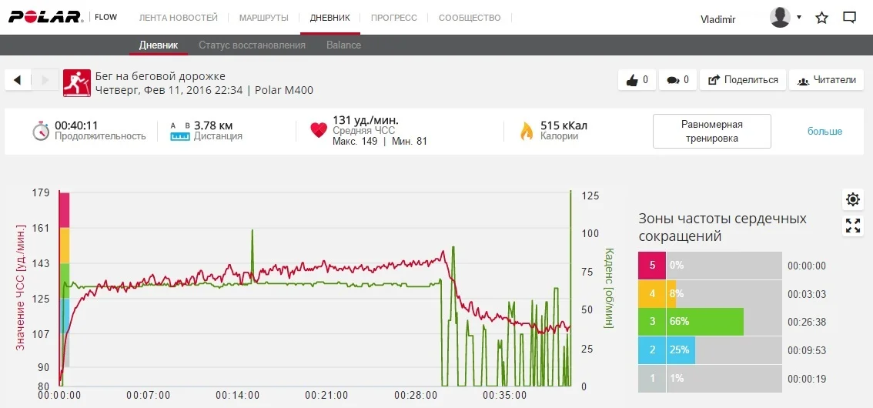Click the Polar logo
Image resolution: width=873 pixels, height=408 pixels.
(45, 17)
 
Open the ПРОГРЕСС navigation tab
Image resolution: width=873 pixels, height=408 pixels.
(393, 18)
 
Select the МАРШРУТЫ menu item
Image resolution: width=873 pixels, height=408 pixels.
(264, 18)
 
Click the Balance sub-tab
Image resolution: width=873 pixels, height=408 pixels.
(343, 45)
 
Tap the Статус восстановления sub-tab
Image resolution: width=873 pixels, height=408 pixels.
(252, 45)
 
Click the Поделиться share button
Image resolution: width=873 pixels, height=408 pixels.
(743, 79)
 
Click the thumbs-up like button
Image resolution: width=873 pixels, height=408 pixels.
(637, 79)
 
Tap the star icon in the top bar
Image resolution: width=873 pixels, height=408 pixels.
(822, 18)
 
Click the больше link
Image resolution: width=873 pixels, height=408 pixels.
(824, 131)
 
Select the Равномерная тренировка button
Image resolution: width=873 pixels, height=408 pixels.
(711, 131)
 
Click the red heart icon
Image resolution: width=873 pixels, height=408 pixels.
(319, 131)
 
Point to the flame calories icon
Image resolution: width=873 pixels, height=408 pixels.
(527, 131)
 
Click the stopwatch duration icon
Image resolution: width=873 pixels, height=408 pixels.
(41, 131)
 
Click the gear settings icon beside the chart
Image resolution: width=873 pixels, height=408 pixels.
(853, 199)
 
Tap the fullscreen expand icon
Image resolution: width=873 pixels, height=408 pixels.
(853, 226)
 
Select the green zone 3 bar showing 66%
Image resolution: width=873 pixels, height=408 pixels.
(704, 322)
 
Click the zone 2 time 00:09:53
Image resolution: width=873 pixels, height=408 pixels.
(806, 350)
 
